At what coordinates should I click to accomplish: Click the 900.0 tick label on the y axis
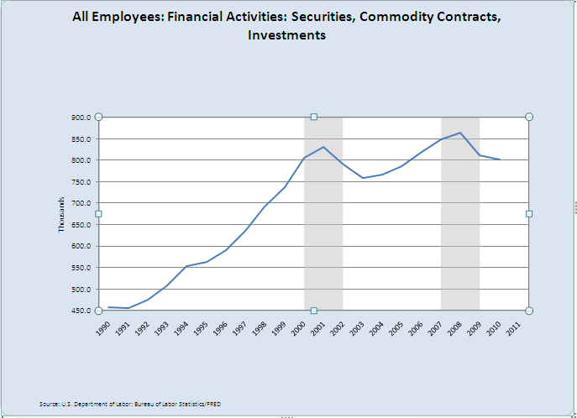click(x=81, y=118)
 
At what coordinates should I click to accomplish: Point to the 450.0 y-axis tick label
click(x=81, y=311)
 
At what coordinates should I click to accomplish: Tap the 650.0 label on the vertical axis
click(x=81, y=225)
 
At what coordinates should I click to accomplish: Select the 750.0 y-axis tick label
click(x=81, y=182)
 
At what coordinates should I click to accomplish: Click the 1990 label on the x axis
click(x=102, y=327)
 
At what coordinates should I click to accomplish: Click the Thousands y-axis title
click(x=61, y=214)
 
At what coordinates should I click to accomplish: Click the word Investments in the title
click(x=286, y=35)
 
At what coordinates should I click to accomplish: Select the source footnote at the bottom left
click(x=129, y=405)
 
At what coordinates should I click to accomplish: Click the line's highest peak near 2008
click(x=460, y=133)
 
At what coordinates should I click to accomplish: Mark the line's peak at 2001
click(x=323, y=147)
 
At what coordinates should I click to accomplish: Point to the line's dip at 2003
click(x=363, y=178)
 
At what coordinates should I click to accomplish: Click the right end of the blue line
click(x=500, y=159)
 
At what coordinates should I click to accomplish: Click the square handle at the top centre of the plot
click(x=314, y=117)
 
